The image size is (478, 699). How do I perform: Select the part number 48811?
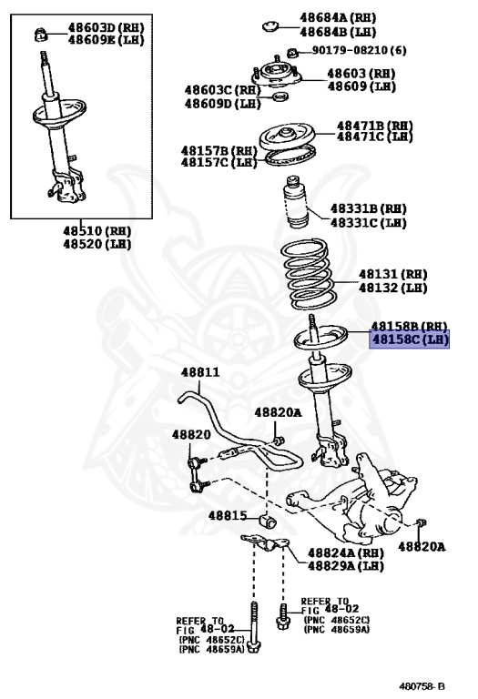coord(199,372)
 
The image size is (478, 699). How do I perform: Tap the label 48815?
coord(227,515)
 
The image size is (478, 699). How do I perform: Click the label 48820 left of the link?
coord(190,435)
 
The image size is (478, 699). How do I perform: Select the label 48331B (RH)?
coord(367,208)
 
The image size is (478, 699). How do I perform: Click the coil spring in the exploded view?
coord(311,272)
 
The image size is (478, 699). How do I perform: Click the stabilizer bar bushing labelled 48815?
coord(268,522)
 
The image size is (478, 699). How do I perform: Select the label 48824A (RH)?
coord(345,552)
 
